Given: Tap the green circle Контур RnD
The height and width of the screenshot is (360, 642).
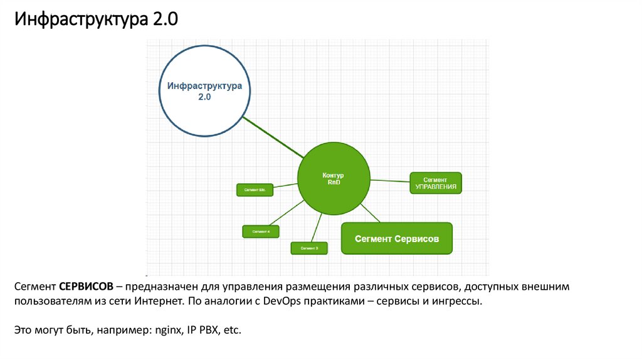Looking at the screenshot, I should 332,179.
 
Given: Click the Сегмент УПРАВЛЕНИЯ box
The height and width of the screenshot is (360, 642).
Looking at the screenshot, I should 436,183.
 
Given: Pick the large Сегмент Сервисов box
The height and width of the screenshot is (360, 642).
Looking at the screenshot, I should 396,238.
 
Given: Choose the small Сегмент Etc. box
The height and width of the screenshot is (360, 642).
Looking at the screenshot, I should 255,189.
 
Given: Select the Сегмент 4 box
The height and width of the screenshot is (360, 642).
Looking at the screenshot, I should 260,231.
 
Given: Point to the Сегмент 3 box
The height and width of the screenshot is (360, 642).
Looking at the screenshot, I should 309,248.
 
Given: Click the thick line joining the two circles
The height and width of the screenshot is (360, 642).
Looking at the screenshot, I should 273,137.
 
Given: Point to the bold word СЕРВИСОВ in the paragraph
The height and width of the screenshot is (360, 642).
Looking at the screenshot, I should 87,287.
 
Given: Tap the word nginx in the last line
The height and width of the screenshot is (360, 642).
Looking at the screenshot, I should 163,329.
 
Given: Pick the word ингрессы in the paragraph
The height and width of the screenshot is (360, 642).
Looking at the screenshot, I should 460,302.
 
